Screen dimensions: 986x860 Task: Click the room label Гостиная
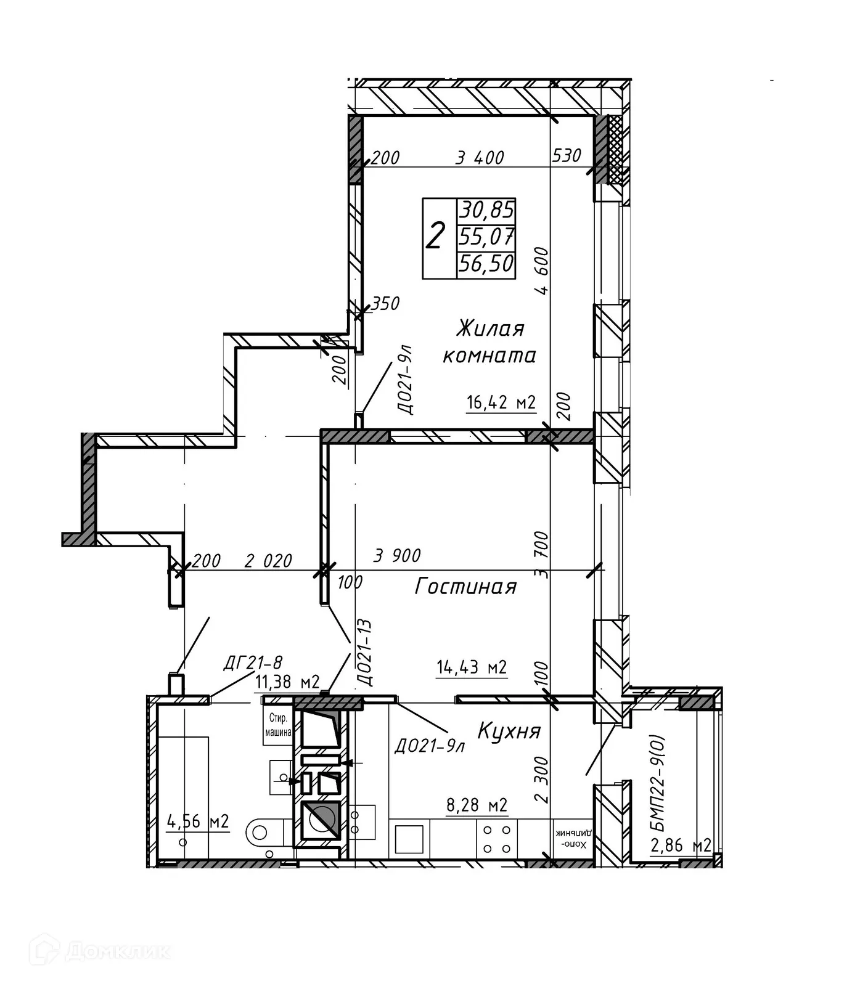pos(465,586)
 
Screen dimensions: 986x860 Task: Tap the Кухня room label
pos(509,731)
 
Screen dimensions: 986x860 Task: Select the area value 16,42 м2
pos(501,403)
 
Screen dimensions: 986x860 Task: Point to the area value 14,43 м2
pos(472,667)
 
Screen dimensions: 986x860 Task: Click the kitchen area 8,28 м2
pos(477,805)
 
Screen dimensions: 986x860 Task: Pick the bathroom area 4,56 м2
pos(198,821)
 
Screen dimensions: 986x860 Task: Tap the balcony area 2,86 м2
pos(681,845)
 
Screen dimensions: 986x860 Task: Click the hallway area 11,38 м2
pos(287,682)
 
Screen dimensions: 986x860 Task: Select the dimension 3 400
pos(480,158)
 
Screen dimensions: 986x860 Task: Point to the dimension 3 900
pos(397,556)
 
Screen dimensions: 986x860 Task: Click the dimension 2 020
pos(268,561)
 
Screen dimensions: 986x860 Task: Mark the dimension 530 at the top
pos(567,155)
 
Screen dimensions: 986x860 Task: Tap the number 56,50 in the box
pos(486,264)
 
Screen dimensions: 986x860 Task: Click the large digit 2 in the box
pos(435,237)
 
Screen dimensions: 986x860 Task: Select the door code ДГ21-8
pos(252,663)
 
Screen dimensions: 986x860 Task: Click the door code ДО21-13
pos(365,653)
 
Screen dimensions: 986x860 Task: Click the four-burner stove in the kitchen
pos(497,839)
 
